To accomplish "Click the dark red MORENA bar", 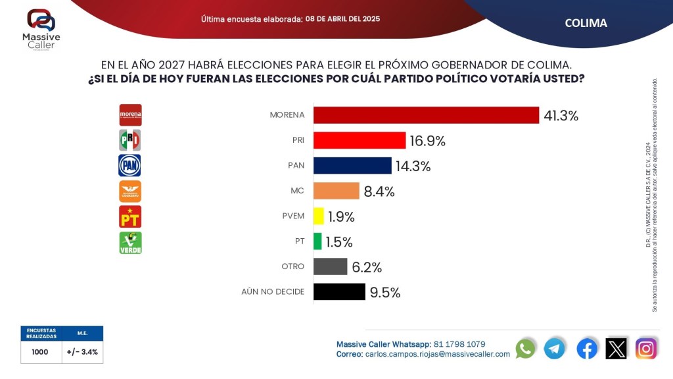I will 426,115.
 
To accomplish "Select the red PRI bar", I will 359,140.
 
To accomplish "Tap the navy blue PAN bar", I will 352,165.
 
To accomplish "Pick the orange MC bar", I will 336,191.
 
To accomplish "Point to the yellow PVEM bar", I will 319,216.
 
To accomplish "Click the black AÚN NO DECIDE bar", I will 339,291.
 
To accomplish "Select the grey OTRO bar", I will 330,266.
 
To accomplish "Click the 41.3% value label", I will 561,116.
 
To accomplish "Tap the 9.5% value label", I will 384,293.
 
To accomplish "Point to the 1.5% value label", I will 339,242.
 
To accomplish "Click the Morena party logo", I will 130,115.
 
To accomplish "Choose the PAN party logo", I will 130,165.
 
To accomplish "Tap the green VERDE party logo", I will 130,242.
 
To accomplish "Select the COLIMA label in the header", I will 586,23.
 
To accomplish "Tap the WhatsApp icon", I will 525,348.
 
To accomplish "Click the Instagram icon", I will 646,348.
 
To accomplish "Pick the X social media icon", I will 616,348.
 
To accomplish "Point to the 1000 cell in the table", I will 40,352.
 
